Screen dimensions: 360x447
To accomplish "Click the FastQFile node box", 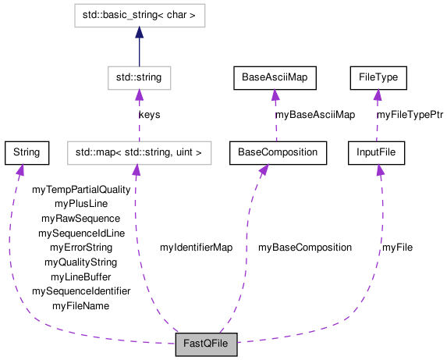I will (x=206, y=344).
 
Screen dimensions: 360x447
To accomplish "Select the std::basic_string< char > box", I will (x=139, y=15).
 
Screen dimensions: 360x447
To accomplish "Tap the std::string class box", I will (x=139, y=77).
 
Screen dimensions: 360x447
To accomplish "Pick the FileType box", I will (x=378, y=77).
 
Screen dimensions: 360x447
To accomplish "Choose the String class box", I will (x=27, y=152).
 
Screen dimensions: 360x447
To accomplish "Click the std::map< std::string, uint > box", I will (x=139, y=152).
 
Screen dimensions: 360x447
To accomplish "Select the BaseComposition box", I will (x=278, y=152).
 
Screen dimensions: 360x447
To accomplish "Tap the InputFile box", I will (x=378, y=152).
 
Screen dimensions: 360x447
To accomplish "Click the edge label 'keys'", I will (x=149, y=115).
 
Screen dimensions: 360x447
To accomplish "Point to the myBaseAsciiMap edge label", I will (x=314, y=115).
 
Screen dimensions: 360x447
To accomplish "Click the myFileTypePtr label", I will (x=410, y=115).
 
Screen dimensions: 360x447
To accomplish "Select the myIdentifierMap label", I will (x=196, y=248).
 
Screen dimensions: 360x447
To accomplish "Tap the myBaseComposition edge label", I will (x=304, y=248).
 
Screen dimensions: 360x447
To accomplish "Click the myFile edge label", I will (x=397, y=248).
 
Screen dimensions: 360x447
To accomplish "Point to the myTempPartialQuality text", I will (x=81, y=189).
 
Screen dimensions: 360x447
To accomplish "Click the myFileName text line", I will (x=81, y=306).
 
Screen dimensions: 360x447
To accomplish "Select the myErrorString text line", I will (x=81, y=248).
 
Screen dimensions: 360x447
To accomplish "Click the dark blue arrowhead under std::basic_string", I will (x=139, y=33).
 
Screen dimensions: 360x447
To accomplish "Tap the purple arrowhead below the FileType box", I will (x=378, y=95).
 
